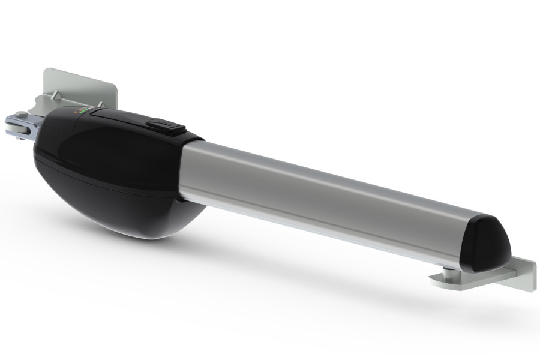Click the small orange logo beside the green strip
pos(76,110)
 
